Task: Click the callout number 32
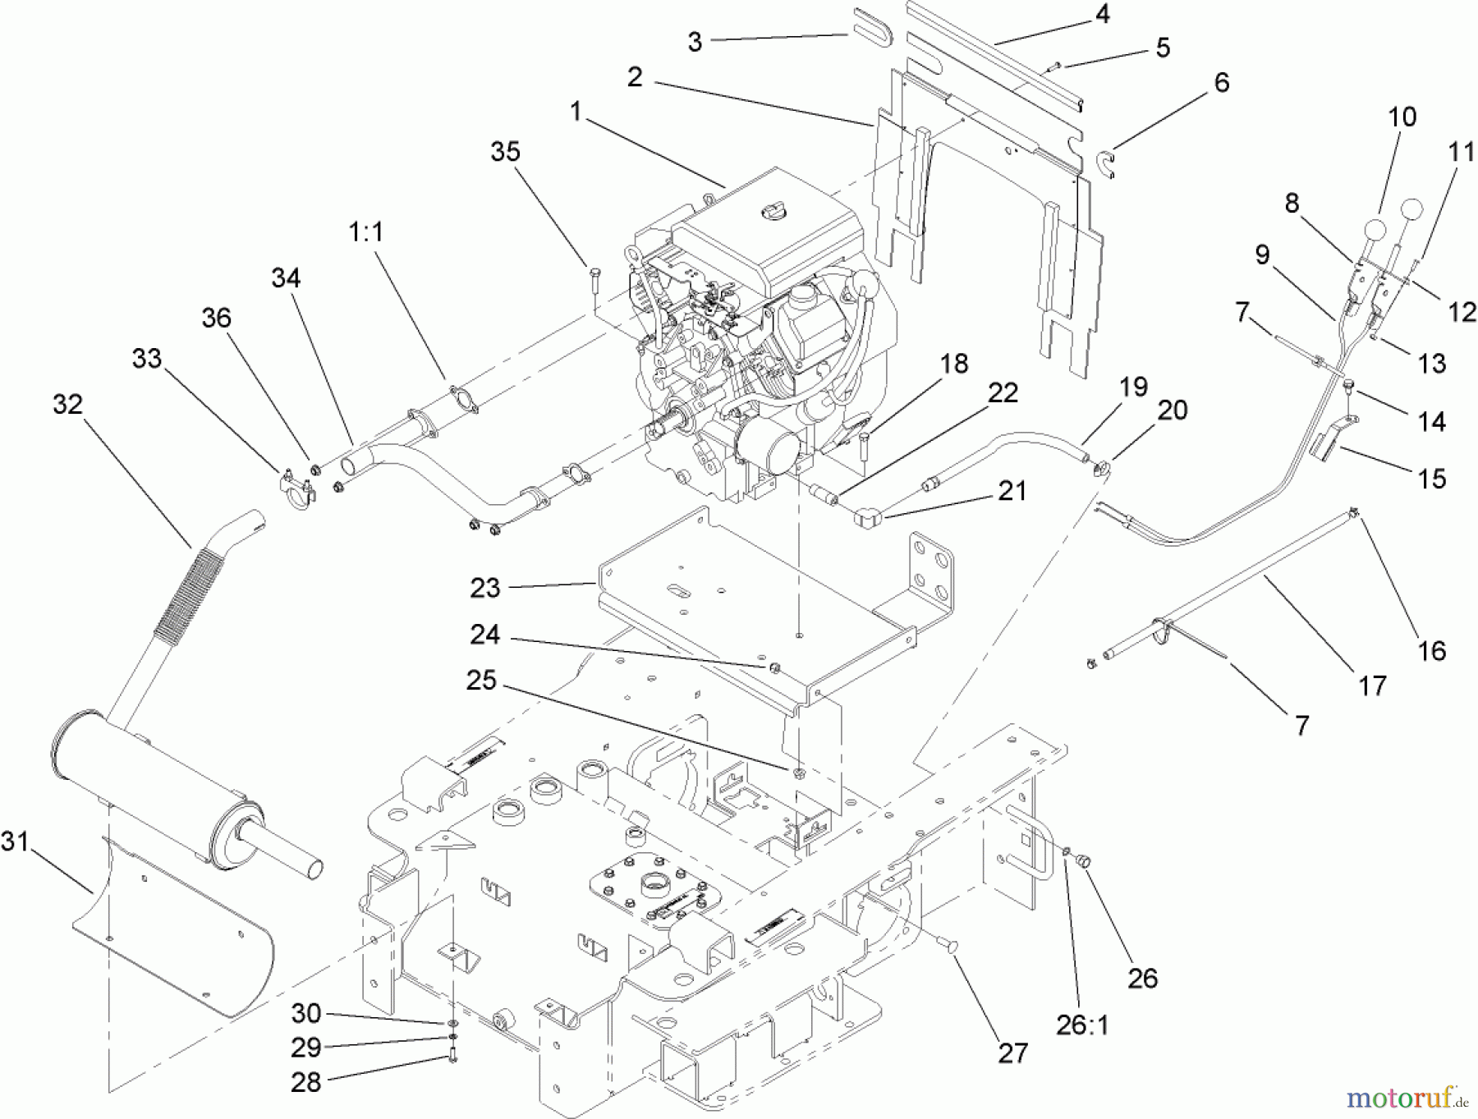pos(67,404)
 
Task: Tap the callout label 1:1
pos(366,232)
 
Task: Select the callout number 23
pos(485,588)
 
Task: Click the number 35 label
pos(506,151)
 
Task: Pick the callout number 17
pos(1372,685)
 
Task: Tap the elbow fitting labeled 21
pos(866,517)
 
